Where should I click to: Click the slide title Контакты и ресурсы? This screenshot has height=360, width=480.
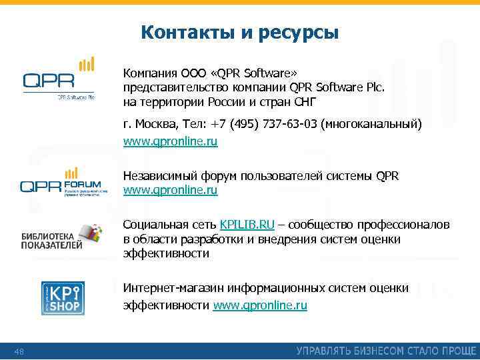pos(240,32)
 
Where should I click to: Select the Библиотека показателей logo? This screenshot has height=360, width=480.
pos(61,237)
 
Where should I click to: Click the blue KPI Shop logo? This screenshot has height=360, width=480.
pos(63,299)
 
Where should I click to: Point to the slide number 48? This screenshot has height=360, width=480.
pos(19,351)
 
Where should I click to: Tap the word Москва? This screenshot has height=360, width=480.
pos(153,125)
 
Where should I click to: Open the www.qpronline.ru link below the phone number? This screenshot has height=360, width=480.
pos(170,141)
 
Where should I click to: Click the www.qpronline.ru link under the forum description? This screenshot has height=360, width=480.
pos(170,190)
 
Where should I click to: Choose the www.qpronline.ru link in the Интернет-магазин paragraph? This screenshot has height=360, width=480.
pos(260,305)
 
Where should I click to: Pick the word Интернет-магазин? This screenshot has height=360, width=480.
pos(173,288)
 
